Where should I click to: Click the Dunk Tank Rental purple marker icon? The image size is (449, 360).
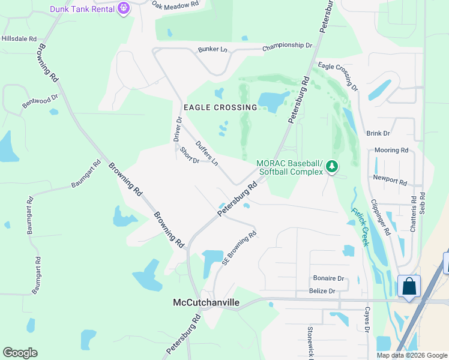[x=124, y=8]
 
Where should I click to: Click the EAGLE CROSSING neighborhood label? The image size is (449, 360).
[x=220, y=107]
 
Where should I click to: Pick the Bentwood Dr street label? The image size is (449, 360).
[x=40, y=100]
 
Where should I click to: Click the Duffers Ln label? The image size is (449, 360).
[x=207, y=153]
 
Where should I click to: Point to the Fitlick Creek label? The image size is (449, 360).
[x=360, y=227]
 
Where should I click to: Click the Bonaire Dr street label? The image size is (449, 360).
[x=328, y=278]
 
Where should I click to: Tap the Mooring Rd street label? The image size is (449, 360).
[x=391, y=150]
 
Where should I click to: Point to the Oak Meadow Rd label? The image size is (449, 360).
[x=175, y=5]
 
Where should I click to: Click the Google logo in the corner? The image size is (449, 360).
[x=20, y=352]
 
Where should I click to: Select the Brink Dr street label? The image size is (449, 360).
[x=378, y=133]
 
